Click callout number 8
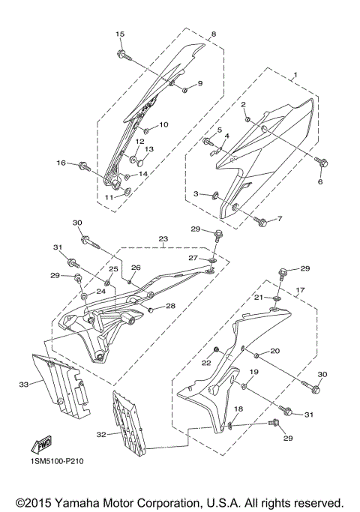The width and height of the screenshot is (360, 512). click(213, 34)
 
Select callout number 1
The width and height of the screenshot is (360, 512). click(295, 75)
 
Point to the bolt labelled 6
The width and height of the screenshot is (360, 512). click(320, 160)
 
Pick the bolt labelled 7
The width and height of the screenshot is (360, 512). click(261, 221)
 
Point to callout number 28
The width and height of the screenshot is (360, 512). click(171, 306)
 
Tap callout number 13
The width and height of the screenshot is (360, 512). click(148, 149)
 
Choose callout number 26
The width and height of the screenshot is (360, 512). click(136, 268)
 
